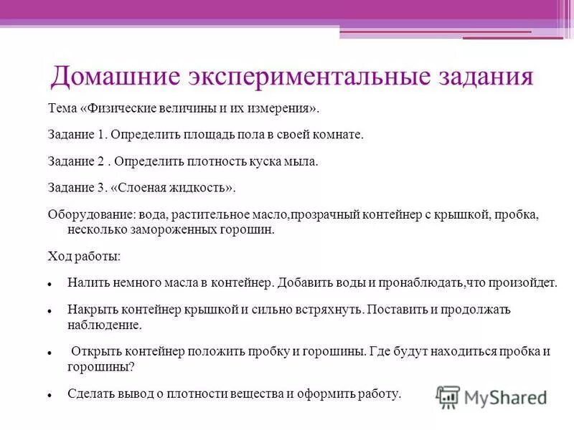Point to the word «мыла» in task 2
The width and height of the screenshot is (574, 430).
[301, 161]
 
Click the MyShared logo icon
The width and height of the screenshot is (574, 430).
[448, 396]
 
